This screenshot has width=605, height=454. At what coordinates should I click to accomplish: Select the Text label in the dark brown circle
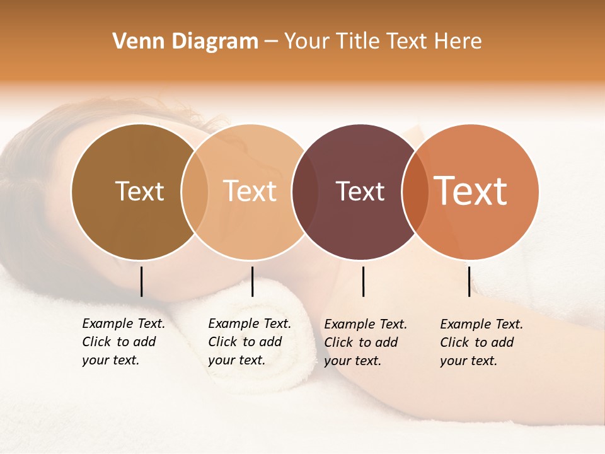(x=139, y=192)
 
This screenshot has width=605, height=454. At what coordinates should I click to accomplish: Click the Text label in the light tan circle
(x=250, y=192)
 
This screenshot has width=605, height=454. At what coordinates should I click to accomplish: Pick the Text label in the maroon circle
(x=360, y=192)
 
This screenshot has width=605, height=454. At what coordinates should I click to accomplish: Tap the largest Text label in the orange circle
(x=471, y=192)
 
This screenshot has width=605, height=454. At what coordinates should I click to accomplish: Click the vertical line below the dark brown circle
(x=141, y=281)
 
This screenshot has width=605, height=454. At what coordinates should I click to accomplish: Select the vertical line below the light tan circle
(x=252, y=281)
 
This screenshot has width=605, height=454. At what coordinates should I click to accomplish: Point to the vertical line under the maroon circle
(x=363, y=281)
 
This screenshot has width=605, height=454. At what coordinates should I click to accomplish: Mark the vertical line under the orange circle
(x=469, y=281)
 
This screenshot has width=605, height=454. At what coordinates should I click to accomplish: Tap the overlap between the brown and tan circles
(x=195, y=192)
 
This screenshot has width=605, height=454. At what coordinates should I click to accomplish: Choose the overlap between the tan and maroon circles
(x=305, y=192)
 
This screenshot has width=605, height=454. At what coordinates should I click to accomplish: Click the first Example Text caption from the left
(x=124, y=342)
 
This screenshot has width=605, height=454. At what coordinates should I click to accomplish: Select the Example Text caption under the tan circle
(x=250, y=342)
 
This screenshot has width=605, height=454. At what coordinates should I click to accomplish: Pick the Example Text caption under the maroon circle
(x=366, y=342)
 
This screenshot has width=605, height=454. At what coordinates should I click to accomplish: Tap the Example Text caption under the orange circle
(x=481, y=342)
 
